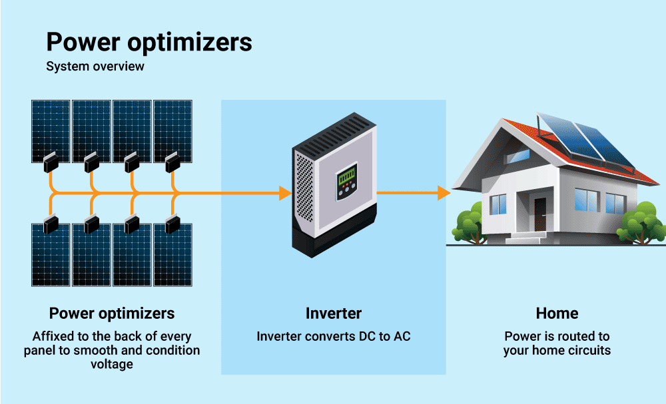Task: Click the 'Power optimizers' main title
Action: point(149,43)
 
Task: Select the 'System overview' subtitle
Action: point(95,67)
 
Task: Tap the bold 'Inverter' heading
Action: point(333,313)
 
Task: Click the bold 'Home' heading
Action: point(557,313)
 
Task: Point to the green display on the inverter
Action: point(346,178)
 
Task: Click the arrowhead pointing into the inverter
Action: point(285,194)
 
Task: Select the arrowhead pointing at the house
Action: point(444,194)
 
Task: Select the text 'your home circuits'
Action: point(557,350)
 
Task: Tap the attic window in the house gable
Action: point(519,155)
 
